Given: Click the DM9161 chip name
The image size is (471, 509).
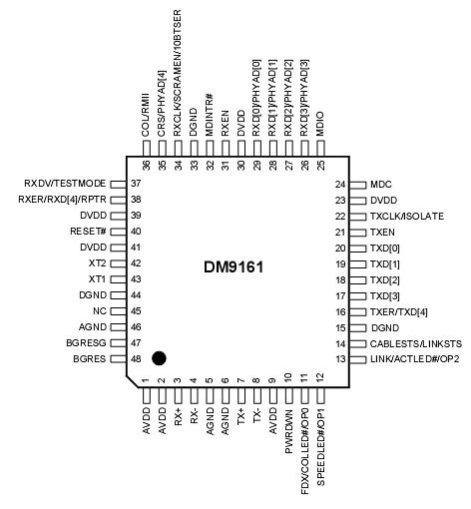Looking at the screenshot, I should point(237,267).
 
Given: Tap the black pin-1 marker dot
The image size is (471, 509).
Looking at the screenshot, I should point(159,356).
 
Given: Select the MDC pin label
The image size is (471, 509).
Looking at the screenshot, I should point(381,185).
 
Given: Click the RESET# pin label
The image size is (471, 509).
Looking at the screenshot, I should point(89,232).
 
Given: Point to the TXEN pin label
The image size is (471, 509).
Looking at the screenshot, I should point(384,232).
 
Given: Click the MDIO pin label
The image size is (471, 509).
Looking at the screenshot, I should point(319,127).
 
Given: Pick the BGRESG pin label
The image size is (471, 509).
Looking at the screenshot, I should point(84,341).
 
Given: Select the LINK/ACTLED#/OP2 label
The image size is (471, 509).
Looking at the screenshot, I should point(412,357).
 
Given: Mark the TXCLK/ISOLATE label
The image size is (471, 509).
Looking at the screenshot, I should point(406,216).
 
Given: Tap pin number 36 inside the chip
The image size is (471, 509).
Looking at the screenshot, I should point(146,165).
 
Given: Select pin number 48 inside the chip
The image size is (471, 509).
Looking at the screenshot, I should point(133,357).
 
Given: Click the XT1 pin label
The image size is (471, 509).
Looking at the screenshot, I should point(97,278).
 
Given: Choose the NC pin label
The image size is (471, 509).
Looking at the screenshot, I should point(99,309).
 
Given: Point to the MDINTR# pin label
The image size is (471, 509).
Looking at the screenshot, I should point(209,116).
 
